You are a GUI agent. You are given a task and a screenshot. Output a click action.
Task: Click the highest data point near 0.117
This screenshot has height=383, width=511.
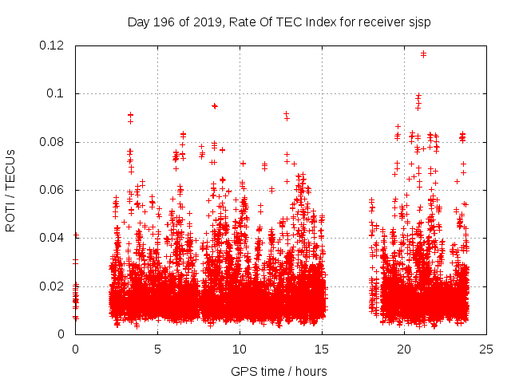(x=423, y=54)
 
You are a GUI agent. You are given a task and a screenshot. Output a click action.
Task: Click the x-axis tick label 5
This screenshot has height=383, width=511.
(x=157, y=349)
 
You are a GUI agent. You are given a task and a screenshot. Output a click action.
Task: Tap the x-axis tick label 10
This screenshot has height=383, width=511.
(x=240, y=349)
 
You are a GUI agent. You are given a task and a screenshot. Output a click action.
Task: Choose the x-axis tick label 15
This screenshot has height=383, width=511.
(x=322, y=349)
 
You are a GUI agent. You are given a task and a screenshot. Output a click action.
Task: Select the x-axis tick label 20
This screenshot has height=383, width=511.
(x=404, y=349)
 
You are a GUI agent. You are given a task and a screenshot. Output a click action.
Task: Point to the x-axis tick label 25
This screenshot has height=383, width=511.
(x=486, y=349)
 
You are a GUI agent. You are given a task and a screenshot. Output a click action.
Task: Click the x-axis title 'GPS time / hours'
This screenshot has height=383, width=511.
(x=279, y=371)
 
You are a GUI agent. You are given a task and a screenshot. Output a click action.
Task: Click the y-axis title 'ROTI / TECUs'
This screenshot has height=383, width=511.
(x=10, y=190)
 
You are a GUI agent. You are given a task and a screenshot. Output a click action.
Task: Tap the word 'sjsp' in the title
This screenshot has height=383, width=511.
(x=418, y=22)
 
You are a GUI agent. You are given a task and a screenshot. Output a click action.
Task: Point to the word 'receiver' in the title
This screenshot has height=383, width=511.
(x=380, y=22)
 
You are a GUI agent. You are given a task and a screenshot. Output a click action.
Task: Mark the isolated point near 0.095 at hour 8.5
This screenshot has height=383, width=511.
(x=214, y=105)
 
